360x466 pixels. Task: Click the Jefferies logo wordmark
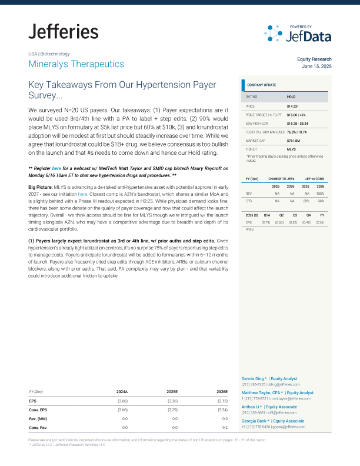point(64,32)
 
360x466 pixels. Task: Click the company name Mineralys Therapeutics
point(76,64)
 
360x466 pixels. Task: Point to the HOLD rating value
point(291,96)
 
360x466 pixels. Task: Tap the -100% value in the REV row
point(321,193)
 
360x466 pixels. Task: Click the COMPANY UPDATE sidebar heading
point(261,85)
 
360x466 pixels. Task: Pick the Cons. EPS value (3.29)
point(172,409)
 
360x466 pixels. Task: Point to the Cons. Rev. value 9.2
point(224,427)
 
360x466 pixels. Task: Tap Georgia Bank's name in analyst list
point(256,421)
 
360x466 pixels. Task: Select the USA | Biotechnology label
point(49,54)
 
